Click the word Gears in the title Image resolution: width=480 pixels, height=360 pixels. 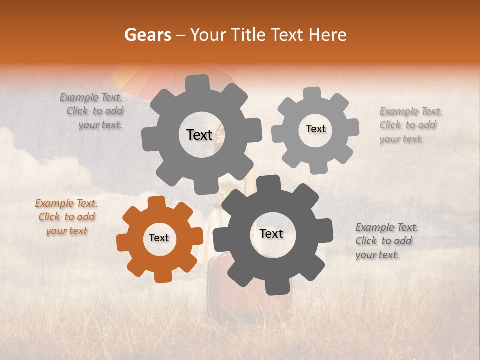[x=147, y=35]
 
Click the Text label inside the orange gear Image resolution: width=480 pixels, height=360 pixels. [x=159, y=238]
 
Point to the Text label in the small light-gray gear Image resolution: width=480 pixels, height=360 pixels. [x=315, y=129]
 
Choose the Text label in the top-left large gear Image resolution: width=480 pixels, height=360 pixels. [x=199, y=135]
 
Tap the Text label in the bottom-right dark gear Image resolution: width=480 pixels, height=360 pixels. [x=271, y=234]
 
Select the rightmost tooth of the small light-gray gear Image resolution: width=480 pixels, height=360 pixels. [x=353, y=128]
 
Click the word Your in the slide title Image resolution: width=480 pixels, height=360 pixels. [x=206, y=35]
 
